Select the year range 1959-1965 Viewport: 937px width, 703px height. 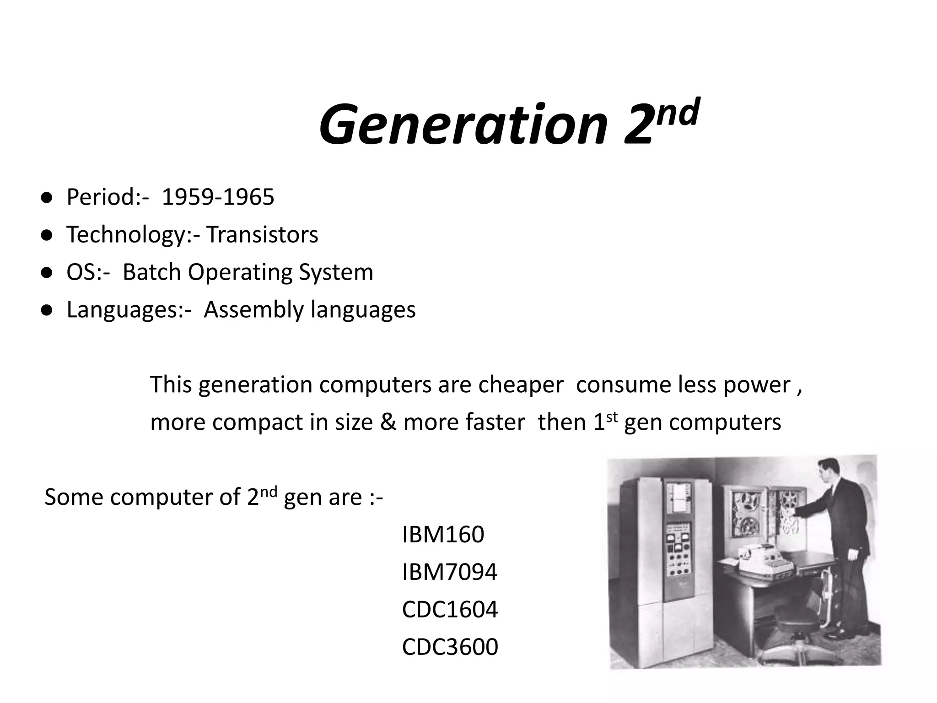[218, 197]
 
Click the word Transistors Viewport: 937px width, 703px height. [262, 235]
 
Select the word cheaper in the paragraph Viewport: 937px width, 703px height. [521, 385]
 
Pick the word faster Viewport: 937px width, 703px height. [495, 422]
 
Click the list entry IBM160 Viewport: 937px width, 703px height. [442, 535]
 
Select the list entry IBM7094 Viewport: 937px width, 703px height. [449, 572]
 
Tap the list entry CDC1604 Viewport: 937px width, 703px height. [449, 610]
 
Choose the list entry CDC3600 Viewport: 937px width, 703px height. [449, 647]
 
